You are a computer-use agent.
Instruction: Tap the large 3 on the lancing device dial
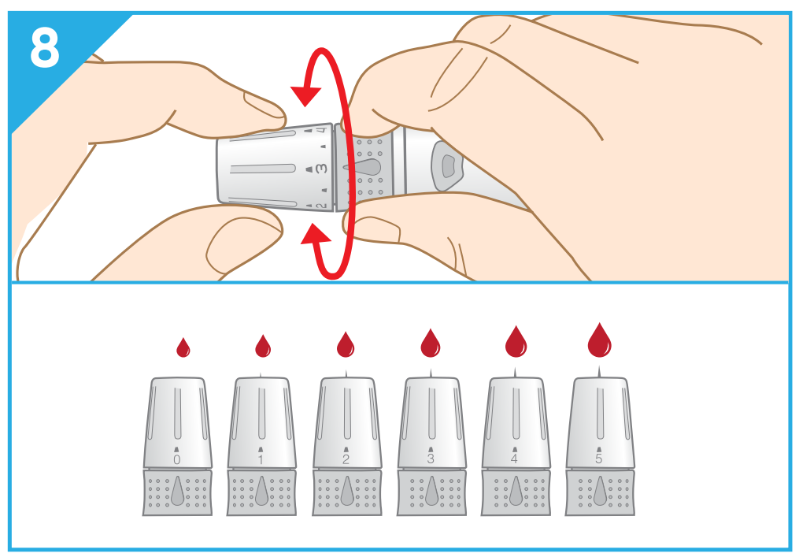tap(321, 168)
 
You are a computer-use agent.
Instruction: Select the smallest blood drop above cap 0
tap(183, 347)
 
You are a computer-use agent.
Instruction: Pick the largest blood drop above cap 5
tap(599, 340)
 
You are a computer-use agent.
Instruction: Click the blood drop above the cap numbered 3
tap(430, 343)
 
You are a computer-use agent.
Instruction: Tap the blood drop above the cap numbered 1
tap(263, 346)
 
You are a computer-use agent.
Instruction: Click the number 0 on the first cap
tap(177, 459)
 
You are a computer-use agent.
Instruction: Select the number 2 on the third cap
tap(346, 459)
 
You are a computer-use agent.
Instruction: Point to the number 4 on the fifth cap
tap(514, 459)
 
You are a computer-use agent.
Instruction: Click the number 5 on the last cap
tap(599, 459)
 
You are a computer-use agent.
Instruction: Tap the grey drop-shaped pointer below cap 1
tap(262, 491)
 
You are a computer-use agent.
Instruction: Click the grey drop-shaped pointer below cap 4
tap(516, 491)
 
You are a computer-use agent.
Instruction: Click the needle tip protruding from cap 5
tap(599, 367)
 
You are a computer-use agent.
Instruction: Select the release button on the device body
tap(447, 165)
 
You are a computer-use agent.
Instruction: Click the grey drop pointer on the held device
tap(363, 167)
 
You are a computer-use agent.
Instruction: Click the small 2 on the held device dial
tap(321, 205)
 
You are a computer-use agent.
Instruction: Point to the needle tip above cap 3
tap(431, 373)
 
